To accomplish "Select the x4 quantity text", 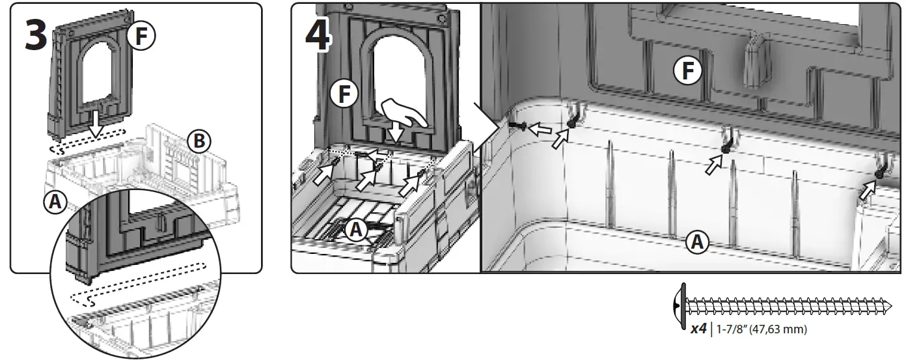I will (698, 329).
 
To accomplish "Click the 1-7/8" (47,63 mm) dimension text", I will (761, 330).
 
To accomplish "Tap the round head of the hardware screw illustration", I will (681, 304).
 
